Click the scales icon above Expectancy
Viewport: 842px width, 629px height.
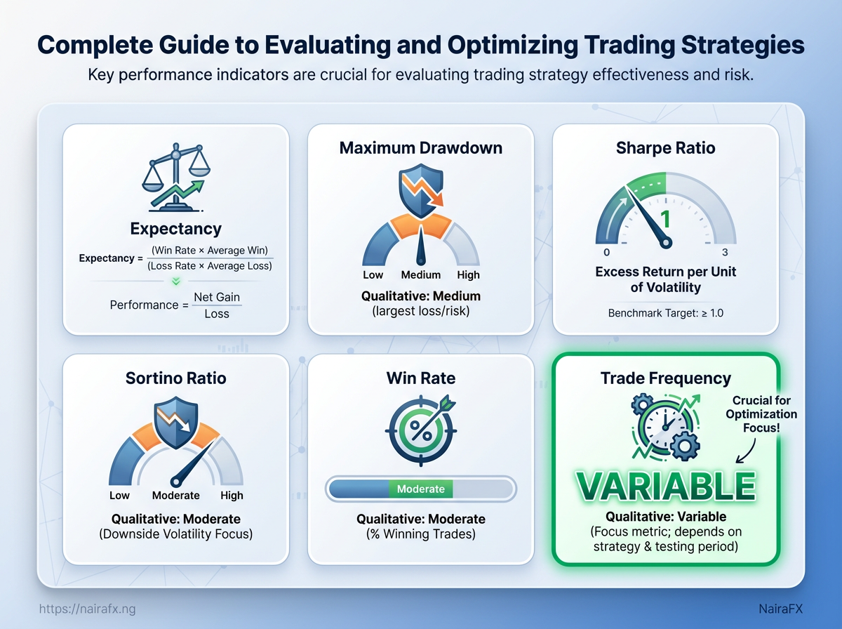(x=176, y=178)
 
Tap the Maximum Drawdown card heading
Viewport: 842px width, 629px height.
(x=421, y=148)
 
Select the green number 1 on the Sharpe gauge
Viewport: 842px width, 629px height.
(x=666, y=219)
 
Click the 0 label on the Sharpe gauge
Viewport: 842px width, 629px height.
(x=606, y=252)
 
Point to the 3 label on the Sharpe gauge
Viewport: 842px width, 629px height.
(x=725, y=252)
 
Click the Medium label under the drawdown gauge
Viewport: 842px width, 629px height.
(x=421, y=274)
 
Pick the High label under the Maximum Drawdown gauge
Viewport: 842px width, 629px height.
(x=469, y=274)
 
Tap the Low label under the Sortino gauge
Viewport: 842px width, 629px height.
(x=119, y=496)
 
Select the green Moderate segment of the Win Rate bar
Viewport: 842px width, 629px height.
(x=421, y=489)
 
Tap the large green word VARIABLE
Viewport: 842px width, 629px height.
(x=666, y=486)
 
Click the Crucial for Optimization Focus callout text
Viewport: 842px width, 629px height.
(x=761, y=414)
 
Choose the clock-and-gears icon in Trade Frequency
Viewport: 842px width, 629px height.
(x=666, y=427)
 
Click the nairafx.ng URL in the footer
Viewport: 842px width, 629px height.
(x=88, y=609)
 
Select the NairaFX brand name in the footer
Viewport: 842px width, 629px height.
(x=781, y=609)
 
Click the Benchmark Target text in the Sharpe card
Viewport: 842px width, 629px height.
(x=666, y=313)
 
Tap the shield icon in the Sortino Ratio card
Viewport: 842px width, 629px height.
(x=175, y=423)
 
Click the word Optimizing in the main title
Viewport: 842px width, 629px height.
(x=513, y=46)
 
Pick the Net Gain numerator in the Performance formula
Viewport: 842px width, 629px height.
(x=217, y=297)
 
